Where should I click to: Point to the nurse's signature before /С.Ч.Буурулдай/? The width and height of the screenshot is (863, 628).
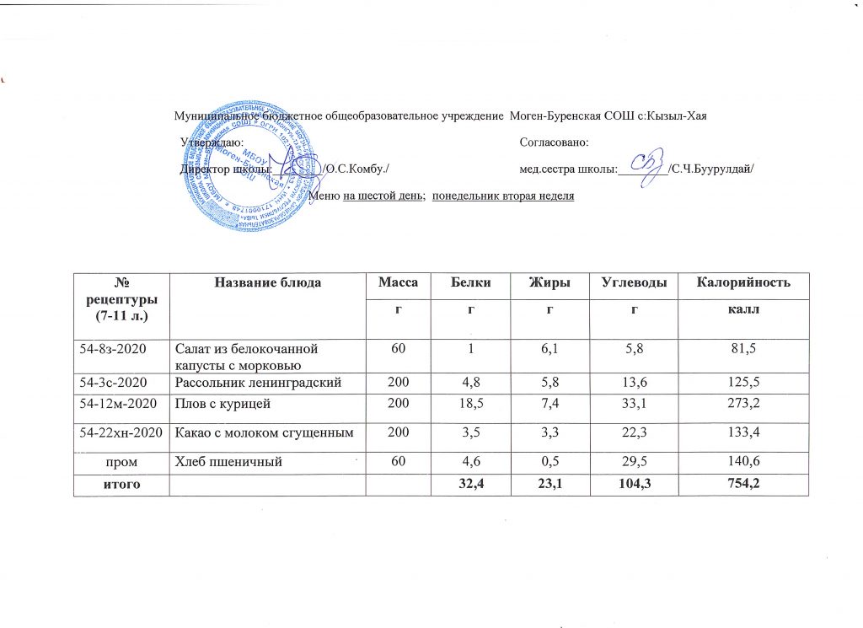click(649, 165)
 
